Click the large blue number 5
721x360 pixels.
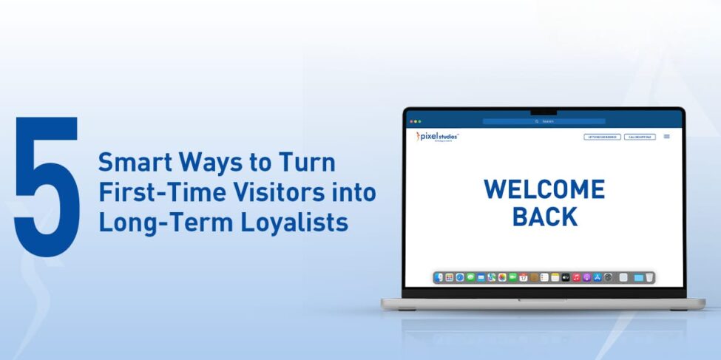click(45, 187)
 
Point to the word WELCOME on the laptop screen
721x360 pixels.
click(544, 190)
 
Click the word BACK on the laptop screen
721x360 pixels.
click(544, 217)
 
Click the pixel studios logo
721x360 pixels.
click(439, 137)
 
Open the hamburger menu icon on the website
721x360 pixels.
click(666, 137)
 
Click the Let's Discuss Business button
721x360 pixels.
click(602, 137)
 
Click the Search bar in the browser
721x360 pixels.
click(544, 121)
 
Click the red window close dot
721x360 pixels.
click(412, 121)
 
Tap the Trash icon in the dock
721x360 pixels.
click(649, 277)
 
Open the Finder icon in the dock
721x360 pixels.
click(439, 277)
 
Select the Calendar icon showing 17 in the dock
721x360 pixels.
click(524, 277)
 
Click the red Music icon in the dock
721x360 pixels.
click(576, 277)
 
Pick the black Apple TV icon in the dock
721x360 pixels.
click(566, 277)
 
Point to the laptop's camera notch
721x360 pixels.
click(544, 112)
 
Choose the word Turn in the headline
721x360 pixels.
click(308, 163)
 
